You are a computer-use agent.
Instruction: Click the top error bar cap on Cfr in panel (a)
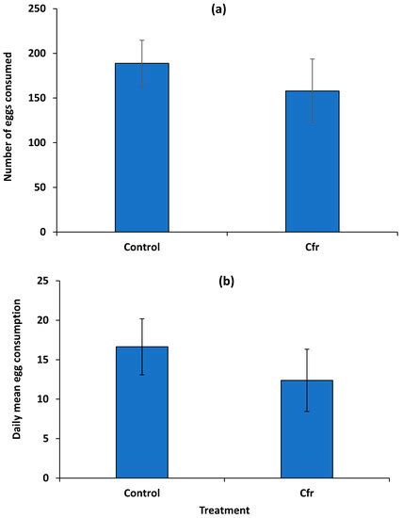tap(313, 59)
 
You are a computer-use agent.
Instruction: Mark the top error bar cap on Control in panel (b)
tap(141, 318)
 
